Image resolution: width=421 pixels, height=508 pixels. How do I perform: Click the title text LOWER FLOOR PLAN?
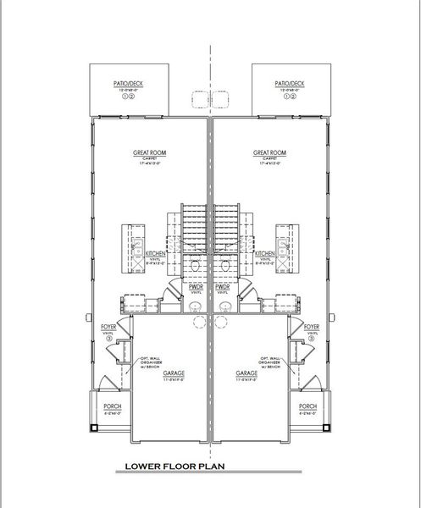174,465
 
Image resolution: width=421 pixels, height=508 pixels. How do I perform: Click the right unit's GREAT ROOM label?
270,152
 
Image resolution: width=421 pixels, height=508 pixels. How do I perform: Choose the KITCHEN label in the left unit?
155,253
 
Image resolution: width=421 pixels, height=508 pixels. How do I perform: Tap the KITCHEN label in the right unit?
264,253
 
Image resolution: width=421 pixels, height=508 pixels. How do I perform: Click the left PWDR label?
196,287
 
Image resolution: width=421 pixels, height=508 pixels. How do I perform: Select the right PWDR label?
224,287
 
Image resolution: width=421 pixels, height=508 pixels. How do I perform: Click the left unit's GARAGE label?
175,373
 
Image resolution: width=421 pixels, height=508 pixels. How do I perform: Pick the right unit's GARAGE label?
247,373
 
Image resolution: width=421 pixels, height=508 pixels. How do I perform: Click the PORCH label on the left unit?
113,407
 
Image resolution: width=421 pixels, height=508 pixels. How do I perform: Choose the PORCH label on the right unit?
307,407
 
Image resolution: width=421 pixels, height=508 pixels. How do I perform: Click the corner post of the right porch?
323,428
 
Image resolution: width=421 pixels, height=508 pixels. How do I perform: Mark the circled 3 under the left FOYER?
108,339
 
